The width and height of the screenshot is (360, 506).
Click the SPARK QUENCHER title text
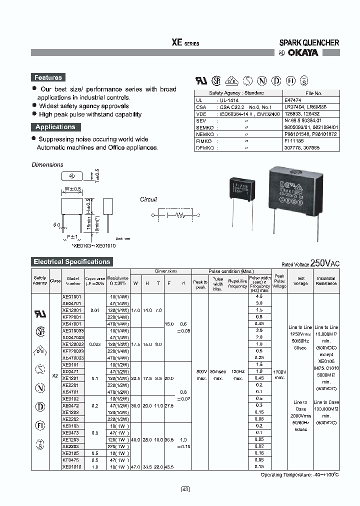309,43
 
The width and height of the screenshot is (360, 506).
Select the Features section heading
48,77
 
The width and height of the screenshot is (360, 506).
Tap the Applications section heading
55,127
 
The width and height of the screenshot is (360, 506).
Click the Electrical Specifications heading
71,261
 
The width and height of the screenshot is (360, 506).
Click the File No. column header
313,93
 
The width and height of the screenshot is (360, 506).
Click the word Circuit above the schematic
148,199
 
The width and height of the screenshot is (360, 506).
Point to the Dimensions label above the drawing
47,164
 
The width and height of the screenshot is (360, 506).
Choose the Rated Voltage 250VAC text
310,263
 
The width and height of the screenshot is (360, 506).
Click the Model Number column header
72,281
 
